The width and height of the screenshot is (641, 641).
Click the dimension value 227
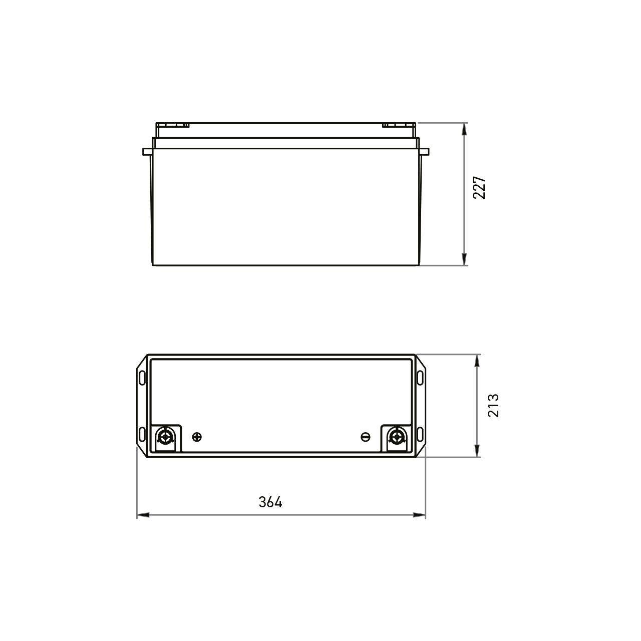[480, 188]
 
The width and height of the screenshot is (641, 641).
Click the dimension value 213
[493, 406]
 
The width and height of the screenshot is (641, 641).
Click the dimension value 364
[270, 502]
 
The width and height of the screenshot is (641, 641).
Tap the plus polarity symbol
[197, 437]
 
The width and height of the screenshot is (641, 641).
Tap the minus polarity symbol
[366, 437]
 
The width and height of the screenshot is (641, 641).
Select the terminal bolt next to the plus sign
[165, 437]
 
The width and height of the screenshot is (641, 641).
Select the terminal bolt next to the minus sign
[397, 437]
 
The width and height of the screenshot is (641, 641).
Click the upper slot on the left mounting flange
[142, 376]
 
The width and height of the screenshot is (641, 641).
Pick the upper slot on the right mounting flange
[420, 376]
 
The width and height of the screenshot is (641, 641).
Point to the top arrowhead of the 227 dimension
[465, 128]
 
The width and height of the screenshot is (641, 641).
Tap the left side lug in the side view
[147, 151]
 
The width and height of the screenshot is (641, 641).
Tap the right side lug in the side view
[424, 151]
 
